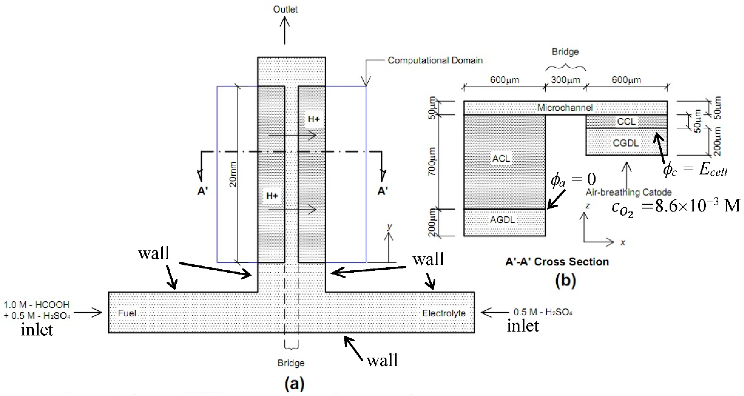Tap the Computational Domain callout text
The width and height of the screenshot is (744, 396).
[x=435, y=60]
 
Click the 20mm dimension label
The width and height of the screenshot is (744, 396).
[x=233, y=174]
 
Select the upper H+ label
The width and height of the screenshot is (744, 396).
[x=314, y=119]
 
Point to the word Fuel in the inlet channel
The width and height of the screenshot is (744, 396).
[x=127, y=313]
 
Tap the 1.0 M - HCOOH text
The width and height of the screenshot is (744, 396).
[x=37, y=305]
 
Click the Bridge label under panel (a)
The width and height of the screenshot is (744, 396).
[x=291, y=363]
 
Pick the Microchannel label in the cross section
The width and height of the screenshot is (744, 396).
[x=565, y=108]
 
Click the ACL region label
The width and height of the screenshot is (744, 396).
[x=501, y=158]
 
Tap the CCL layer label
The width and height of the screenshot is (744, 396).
[x=626, y=122]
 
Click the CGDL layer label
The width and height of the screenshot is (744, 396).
[x=626, y=143]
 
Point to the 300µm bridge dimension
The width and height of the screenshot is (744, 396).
[x=565, y=80]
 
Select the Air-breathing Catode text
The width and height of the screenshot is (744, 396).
[x=628, y=192]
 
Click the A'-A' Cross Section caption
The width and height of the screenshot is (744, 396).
[x=557, y=262]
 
